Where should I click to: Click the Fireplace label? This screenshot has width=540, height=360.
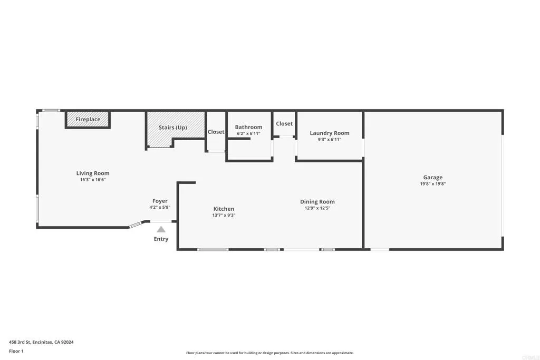pyautogui.click(x=88, y=120)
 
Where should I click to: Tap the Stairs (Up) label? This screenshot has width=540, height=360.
pyautogui.click(x=173, y=128)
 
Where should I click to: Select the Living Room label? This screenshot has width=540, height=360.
pyautogui.click(x=93, y=173)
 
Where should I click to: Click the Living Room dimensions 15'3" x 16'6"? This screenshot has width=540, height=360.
pyautogui.click(x=93, y=180)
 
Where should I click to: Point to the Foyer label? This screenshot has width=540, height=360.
pyautogui.click(x=160, y=201)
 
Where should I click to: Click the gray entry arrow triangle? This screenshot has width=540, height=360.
pyautogui.click(x=161, y=229)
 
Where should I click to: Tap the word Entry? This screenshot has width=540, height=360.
pyautogui.click(x=161, y=239)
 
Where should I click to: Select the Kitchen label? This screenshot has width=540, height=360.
pyautogui.click(x=224, y=209)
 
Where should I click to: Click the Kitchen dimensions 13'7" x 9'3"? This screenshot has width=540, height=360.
pyautogui.click(x=224, y=216)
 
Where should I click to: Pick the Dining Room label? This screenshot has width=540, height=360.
pyautogui.click(x=317, y=202)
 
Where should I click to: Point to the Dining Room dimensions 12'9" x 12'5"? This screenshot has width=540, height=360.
pyautogui.click(x=317, y=208)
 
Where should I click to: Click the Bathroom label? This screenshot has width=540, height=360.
pyautogui.click(x=248, y=127)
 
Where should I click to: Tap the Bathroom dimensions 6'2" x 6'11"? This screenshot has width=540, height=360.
pyautogui.click(x=248, y=134)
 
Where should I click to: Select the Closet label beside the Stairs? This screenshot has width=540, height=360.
pyautogui.click(x=216, y=132)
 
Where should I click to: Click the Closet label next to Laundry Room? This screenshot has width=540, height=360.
pyautogui.click(x=284, y=124)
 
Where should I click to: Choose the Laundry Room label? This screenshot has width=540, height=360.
pyautogui.click(x=330, y=133)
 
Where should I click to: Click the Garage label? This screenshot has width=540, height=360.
pyautogui.click(x=433, y=178)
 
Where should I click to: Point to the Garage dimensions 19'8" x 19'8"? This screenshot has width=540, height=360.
pyautogui.click(x=433, y=184)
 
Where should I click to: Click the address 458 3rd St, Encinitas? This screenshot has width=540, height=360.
pyautogui.click(x=41, y=342)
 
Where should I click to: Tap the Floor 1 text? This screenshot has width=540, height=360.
pyautogui.click(x=16, y=351)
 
